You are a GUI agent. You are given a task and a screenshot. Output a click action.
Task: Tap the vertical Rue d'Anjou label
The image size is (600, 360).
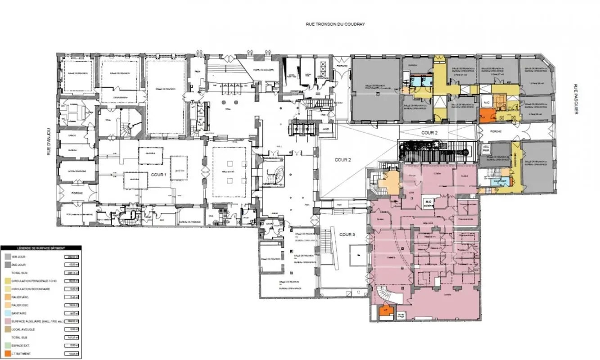click(50, 141)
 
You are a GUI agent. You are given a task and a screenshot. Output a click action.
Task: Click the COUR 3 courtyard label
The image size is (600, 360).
click(347, 234)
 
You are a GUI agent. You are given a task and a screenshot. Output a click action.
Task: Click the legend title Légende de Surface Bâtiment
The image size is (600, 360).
click(41, 248)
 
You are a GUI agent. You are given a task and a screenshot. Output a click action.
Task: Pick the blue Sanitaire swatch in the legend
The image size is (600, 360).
click(8, 313)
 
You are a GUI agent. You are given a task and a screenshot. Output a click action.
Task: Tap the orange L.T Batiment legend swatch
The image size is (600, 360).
click(8, 354)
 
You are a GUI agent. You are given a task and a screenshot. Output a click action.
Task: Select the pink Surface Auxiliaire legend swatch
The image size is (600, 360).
click(8, 321)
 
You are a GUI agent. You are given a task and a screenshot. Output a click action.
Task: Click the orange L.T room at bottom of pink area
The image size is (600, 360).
click(385, 311)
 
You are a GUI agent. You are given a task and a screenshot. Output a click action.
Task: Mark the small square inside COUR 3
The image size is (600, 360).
click(358, 255)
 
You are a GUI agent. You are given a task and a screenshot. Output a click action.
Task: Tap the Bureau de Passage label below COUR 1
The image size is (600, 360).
click(189, 222)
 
